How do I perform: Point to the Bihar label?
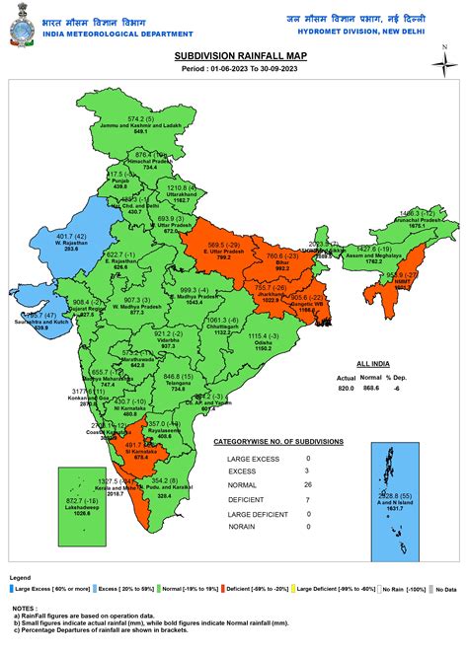[x=282, y=266]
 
